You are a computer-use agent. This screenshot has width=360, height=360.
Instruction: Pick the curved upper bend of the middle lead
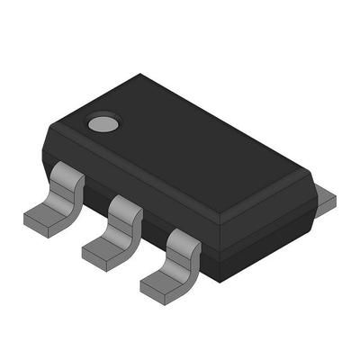click(125, 211)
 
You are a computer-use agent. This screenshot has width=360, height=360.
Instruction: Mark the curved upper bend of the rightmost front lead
click(184, 242)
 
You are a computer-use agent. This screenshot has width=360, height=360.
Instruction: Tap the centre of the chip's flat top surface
click(180, 148)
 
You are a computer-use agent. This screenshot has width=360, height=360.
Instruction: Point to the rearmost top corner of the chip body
click(140, 76)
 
